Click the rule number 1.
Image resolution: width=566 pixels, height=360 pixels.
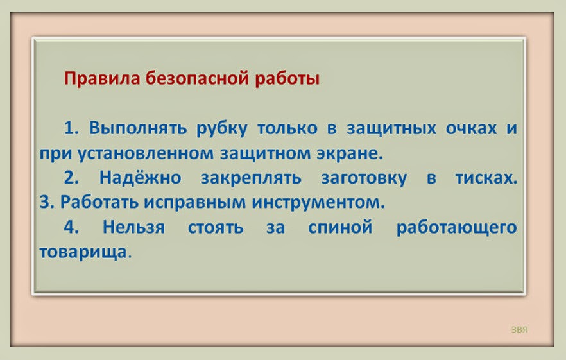[71, 128]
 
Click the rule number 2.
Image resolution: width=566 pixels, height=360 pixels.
[71, 178]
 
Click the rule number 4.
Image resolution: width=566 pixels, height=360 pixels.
[71, 227]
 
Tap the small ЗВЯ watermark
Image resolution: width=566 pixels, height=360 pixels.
[519, 329]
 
